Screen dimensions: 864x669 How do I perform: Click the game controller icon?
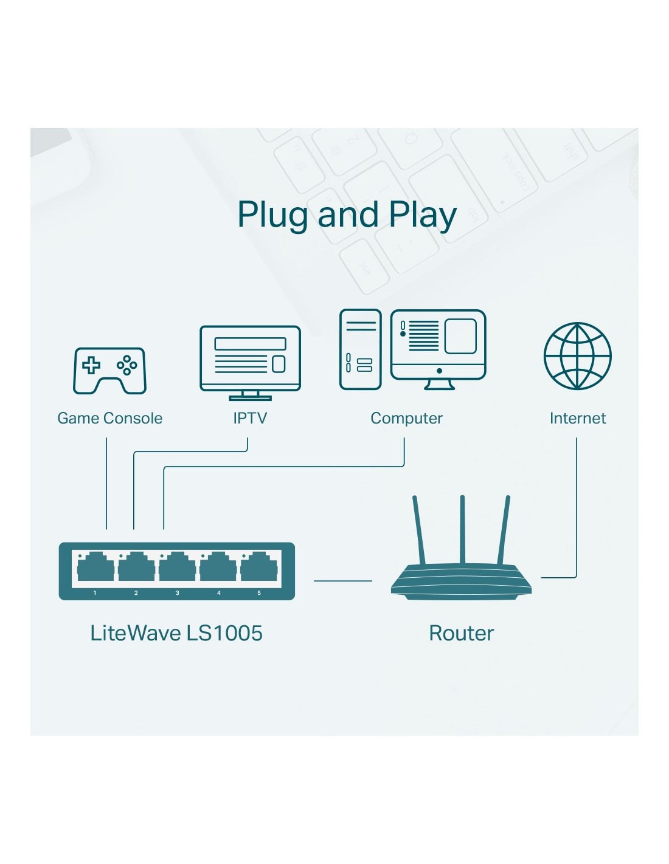(109, 371)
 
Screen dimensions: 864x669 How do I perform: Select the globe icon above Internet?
(577, 356)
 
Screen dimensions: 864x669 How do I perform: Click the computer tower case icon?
(360, 349)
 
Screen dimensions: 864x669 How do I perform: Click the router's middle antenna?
(462, 529)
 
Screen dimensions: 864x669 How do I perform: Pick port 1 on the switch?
(95, 569)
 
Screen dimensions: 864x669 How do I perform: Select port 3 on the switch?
(177, 569)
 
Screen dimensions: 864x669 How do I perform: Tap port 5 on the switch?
(259, 569)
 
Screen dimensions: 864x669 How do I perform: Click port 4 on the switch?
(218, 569)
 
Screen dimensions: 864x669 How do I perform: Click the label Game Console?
(109, 418)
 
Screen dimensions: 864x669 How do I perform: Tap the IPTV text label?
(250, 418)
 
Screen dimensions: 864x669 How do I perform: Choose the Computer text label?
(406, 418)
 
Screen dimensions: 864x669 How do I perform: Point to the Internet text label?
(577, 418)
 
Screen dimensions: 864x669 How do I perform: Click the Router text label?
(461, 633)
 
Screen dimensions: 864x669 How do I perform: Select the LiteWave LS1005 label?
(176, 633)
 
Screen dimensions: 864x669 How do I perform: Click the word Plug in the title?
(272, 216)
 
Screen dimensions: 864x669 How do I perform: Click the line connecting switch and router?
(342, 581)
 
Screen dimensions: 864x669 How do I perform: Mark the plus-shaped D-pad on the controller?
(91, 365)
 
